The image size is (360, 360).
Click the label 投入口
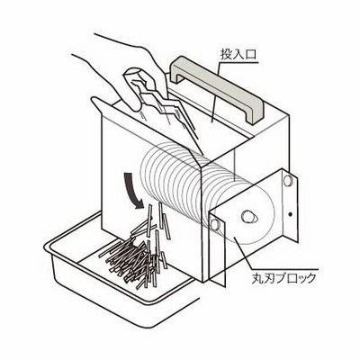238,54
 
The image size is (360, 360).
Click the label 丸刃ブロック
284,278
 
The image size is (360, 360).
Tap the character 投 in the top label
227,54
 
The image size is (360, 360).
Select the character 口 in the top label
251,54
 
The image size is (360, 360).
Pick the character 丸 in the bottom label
258,278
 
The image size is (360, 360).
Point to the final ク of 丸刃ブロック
310,278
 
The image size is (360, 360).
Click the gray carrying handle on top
217,87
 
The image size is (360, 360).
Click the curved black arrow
131,190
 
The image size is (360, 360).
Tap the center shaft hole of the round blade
249,217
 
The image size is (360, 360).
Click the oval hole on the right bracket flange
287,181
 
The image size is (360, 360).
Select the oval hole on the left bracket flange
215,224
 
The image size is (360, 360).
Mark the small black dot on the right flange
290,214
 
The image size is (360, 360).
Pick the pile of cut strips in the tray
137,255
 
